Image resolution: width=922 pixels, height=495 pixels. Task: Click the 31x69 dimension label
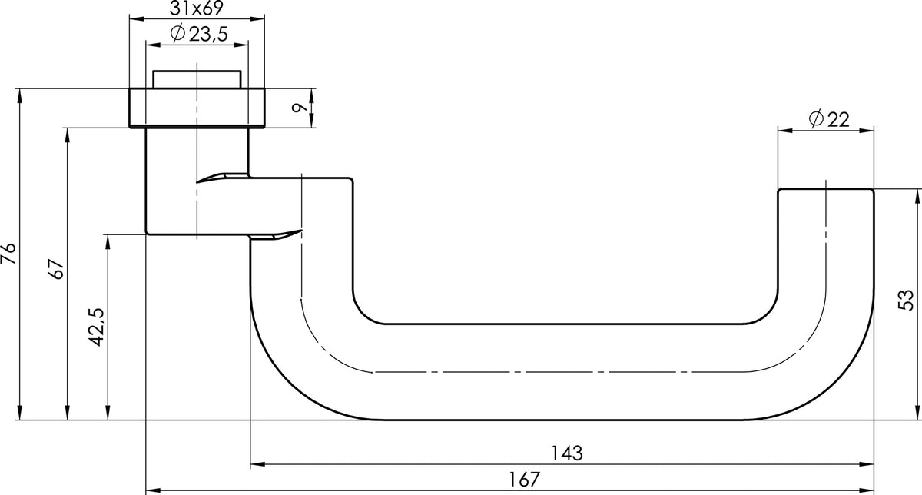(197, 8)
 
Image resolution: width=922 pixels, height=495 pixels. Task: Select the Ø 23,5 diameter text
(198, 34)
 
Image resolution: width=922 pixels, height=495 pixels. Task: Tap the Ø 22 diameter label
(828, 119)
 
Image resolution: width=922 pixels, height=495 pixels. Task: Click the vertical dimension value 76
(8, 254)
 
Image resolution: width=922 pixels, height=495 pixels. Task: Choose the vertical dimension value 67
(56, 269)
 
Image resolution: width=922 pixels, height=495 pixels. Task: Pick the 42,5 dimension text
(97, 327)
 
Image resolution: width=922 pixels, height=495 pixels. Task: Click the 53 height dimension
(906, 300)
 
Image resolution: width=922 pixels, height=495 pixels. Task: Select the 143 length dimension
(567, 453)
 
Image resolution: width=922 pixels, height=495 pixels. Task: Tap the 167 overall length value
(524, 480)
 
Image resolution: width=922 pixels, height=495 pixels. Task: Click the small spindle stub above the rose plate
(197, 79)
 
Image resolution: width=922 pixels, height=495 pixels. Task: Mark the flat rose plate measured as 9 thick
(197, 108)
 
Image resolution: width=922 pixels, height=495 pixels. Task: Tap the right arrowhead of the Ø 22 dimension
(867, 131)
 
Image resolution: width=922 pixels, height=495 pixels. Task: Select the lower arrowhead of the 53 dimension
(918, 413)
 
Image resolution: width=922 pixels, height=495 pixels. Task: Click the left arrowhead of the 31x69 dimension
(136, 18)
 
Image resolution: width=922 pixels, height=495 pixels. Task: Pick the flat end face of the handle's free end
(825, 189)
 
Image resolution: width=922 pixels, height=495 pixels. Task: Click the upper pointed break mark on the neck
(222, 178)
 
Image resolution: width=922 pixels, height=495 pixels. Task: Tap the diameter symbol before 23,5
(177, 33)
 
